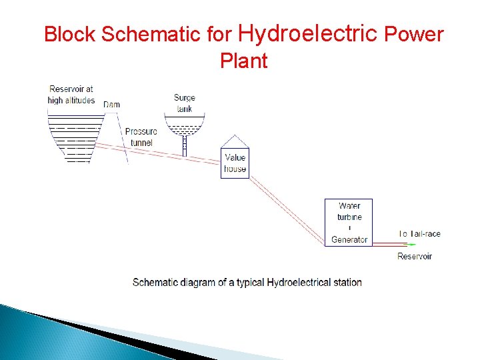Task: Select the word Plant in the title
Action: tap(243, 61)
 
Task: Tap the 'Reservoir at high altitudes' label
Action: tap(71, 95)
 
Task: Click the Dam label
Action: tap(111, 105)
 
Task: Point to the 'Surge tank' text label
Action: tap(185, 103)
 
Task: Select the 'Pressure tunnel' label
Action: tap(141, 137)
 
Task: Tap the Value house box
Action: tap(235, 163)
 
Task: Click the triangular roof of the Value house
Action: tap(235, 141)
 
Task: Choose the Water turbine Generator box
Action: tap(348, 223)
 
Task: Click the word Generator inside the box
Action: tap(349, 239)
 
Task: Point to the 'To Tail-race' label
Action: tap(419, 234)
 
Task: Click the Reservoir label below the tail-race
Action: tap(415, 256)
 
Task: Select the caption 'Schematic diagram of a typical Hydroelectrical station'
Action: tap(247, 282)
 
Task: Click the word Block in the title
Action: tap(70, 34)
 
